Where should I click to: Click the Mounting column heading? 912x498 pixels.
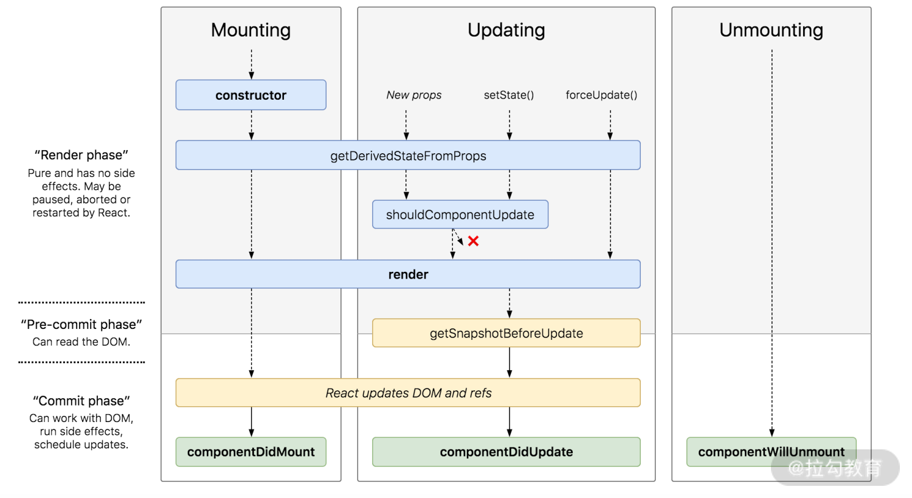pyautogui.click(x=250, y=30)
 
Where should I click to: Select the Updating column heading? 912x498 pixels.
pyautogui.click(x=506, y=30)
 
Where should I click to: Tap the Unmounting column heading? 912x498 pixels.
pyautogui.click(x=771, y=30)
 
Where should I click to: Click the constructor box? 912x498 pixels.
pyautogui.click(x=250, y=95)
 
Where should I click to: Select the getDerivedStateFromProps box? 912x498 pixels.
pyautogui.click(x=408, y=156)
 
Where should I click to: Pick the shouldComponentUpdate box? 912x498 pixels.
pyautogui.click(x=460, y=215)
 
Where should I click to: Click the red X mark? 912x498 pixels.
pyautogui.click(x=474, y=241)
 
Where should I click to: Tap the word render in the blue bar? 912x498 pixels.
pyautogui.click(x=408, y=274)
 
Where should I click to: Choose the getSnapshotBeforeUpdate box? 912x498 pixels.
pyautogui.click(x=506, y=333)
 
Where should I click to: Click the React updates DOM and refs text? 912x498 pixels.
pyautogui.click(x=408, y=393)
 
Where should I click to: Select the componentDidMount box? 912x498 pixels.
pyautogui.click(x=250, y=452)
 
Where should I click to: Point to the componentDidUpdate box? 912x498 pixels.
pyautogui.click(x=506, y=452)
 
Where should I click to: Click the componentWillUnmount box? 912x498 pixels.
pyautogui.click(x=771, y=452)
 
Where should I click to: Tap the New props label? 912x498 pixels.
pyautogui.click(x=413, y=95)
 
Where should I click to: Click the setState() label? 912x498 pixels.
pyautogui.click(x=509, y=95)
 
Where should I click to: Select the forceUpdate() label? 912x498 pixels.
pyautogui.click(x=601, y=95)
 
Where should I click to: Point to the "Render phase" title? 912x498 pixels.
pyautogui.click(x=81, y=155)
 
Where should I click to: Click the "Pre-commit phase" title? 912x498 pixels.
pyautogui.click(x=81, y=324)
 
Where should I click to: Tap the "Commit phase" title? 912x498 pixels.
pyautogui.click(x=81, y=401)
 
